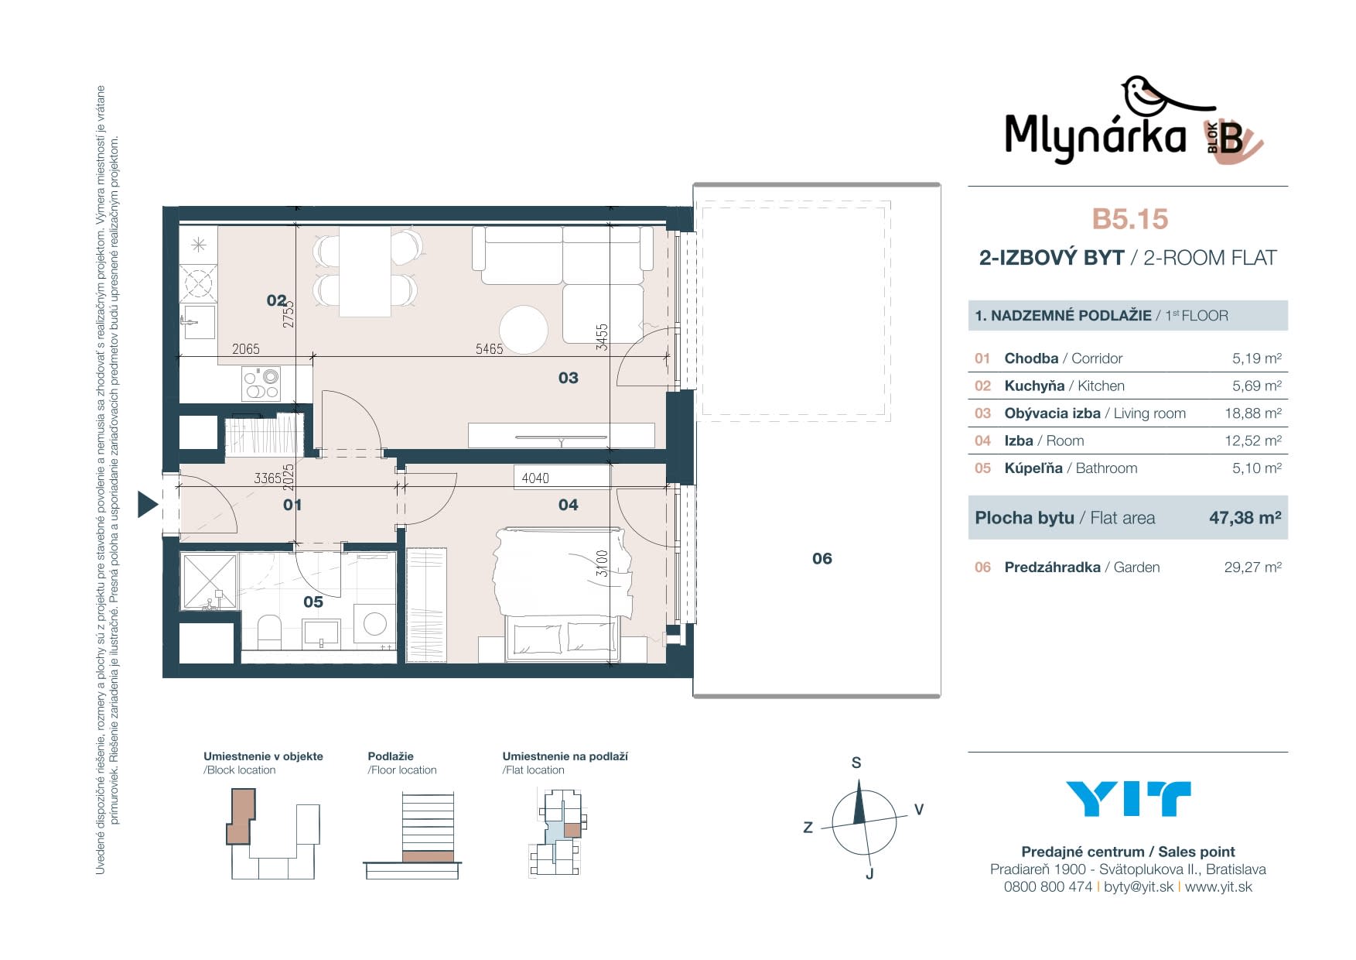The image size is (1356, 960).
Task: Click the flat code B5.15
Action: point(1129,219)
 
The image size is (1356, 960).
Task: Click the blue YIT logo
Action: point(1128,799)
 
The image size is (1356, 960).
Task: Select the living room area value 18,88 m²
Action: point(1252,413)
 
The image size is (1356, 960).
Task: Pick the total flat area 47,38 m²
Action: point(1245,518)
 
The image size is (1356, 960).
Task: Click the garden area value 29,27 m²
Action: point(1252,567)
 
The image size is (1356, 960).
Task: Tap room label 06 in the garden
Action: point(822,558)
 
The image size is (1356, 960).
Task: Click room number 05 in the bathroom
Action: point(313,602)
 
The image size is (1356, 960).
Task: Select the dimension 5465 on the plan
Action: point(489,349)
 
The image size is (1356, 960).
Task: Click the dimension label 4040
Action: point(535,478)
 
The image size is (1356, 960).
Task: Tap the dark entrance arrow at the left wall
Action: point(148,504)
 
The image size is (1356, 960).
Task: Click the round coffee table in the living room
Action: point(524,330)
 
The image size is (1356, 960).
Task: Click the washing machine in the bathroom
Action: point(374,624)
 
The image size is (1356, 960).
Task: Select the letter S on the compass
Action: point(856,763)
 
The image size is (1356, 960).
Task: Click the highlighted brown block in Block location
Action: point(241,816)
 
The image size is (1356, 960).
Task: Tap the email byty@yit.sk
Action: point(1139,887)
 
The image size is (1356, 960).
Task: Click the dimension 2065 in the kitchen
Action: point(246,349)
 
